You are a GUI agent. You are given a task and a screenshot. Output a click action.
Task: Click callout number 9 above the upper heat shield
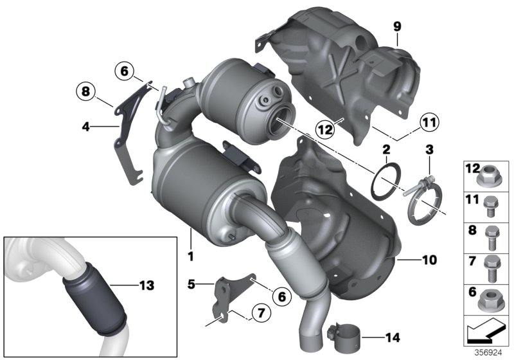(397, 26)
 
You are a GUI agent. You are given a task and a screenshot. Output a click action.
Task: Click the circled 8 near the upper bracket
(85, 92)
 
